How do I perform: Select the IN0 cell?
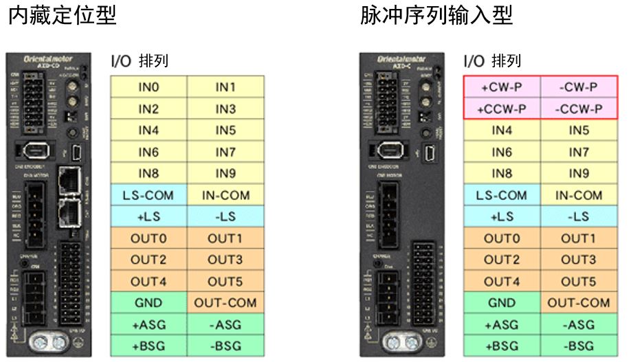pos(148,87)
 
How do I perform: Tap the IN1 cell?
pos(225,87)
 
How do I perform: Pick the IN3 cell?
pos(225,109)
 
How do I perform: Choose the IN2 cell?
pos(148,109)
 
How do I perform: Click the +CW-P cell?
pos(502,87)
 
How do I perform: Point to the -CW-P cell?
pos(578,87)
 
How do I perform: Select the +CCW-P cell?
pos(502,109)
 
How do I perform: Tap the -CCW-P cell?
pos(578,109)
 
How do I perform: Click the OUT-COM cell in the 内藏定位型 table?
pos(225,302)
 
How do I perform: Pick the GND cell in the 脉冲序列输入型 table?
pos(502,302)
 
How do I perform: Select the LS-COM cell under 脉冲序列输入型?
pos(502,195)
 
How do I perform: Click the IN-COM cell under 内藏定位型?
pos(225,195)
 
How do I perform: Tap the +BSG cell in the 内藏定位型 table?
pos(148,345)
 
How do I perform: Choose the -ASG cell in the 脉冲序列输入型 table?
pos(578,324)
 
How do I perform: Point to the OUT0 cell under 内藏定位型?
pos(148,238)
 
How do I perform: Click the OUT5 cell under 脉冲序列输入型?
pos(578,281)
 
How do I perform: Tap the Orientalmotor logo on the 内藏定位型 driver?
pos(48,60)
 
